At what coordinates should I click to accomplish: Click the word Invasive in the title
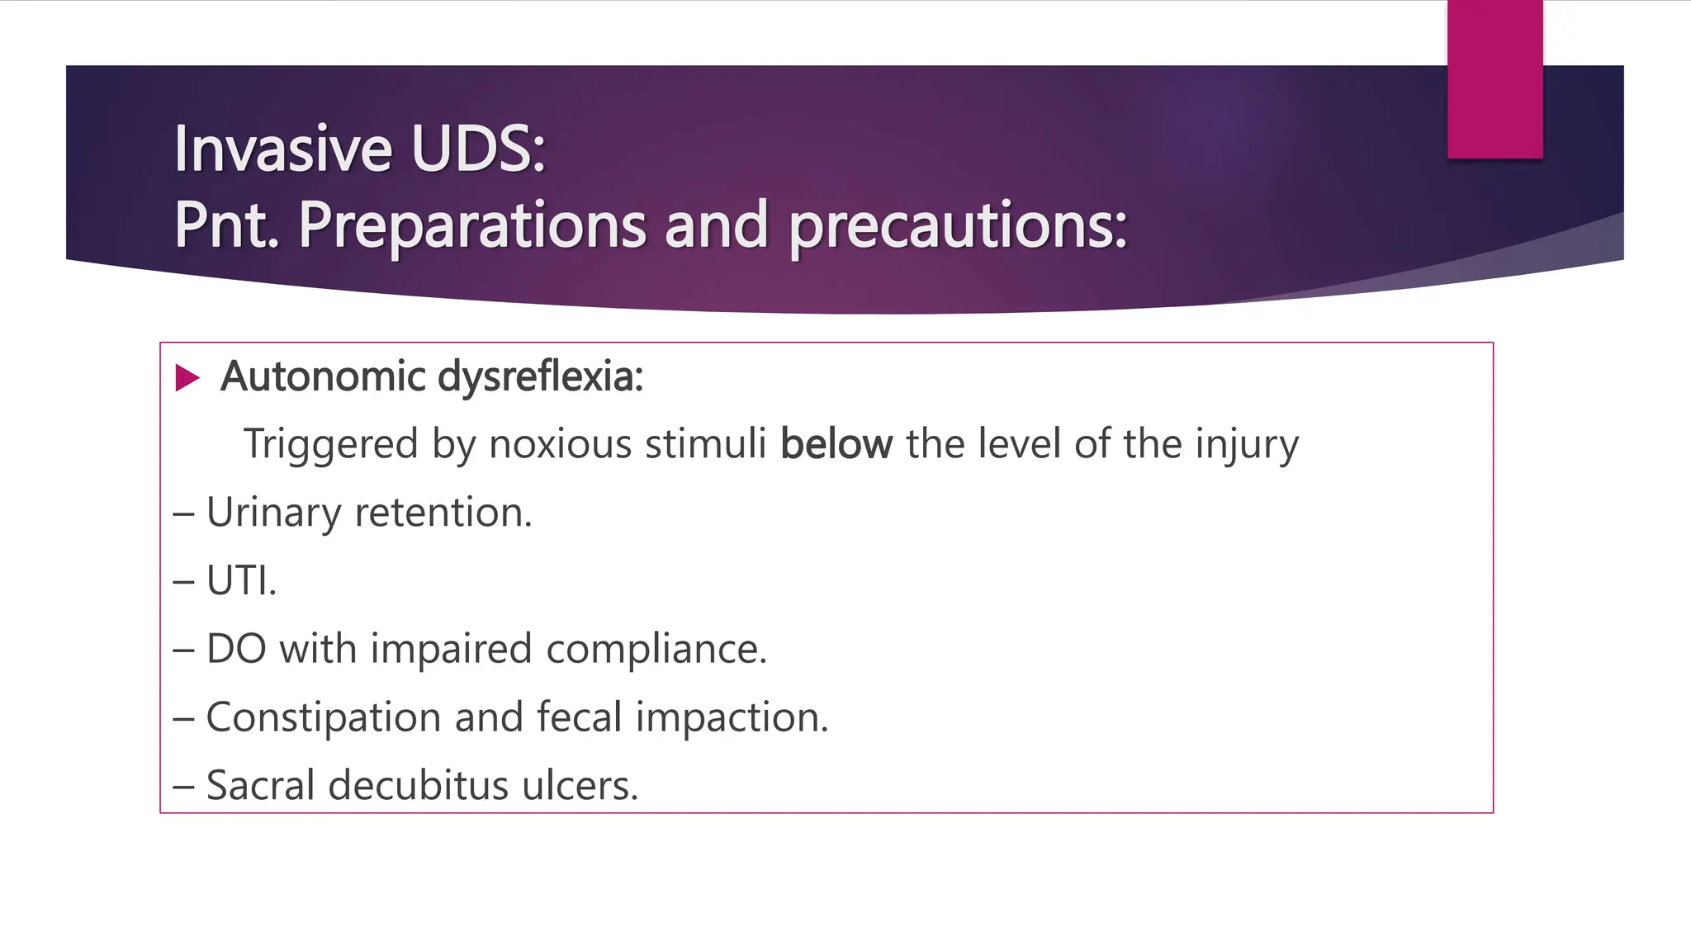coord(283,149)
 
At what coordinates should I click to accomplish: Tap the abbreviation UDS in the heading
coord(478,149)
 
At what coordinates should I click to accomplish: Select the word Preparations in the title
coord(471,225)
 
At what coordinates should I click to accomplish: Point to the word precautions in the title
coord(958,225)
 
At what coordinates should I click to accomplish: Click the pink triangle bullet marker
coord(187,378)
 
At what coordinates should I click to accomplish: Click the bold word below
coord(836,444)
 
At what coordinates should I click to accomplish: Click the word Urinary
coord(273,513)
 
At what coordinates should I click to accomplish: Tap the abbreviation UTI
coord(240,580)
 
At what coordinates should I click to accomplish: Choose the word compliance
coord(656,649)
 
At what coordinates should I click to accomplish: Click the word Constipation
coord(323,717)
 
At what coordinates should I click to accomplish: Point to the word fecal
coord(579,717)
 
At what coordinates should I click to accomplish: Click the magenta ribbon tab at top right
coord(1494,78)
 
